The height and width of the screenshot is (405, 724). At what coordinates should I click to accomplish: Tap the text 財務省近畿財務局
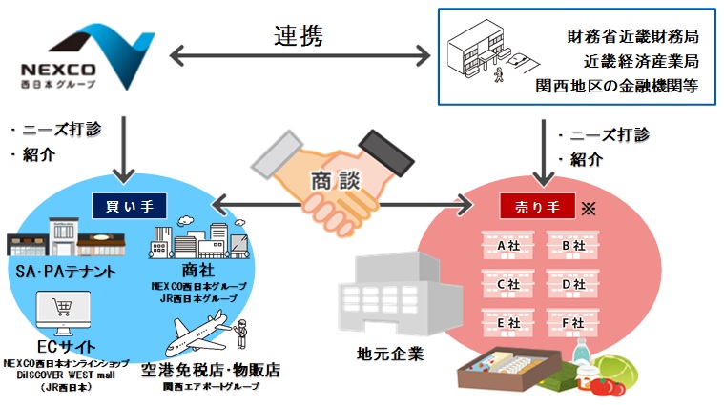tap(631, 37)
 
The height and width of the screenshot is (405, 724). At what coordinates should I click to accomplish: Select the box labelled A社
tap(507, 246)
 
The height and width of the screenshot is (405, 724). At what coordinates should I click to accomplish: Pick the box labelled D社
tap(573, 284)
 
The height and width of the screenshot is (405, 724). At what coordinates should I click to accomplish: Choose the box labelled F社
tap(573, 323)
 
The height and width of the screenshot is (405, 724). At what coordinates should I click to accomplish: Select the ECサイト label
tap(60, 347)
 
